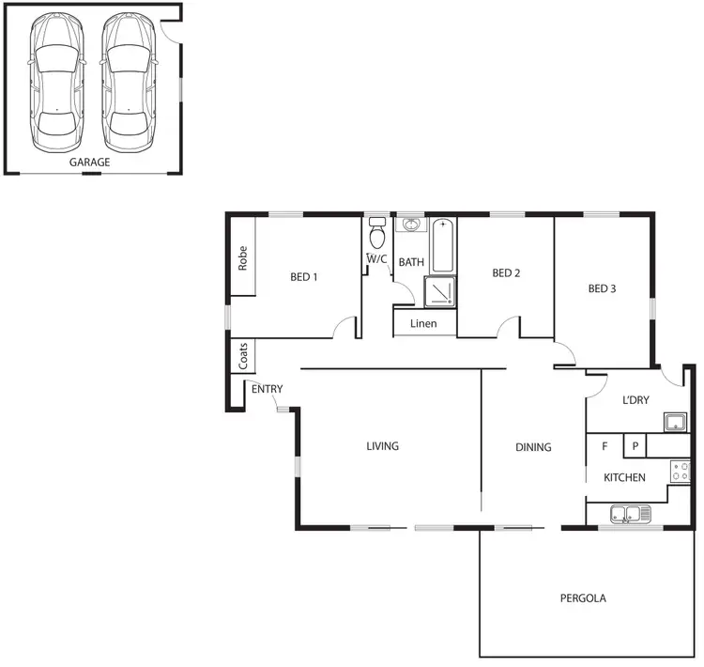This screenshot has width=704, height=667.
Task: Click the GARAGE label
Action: coord(90,163)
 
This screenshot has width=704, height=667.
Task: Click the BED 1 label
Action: coord(303,277)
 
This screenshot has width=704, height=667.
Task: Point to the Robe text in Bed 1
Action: coord(242,258)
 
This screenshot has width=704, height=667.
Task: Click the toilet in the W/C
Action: coord(377,234)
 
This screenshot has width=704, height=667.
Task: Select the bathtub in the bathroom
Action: coord(443,245)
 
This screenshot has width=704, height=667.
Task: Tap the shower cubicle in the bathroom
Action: coord(440,292)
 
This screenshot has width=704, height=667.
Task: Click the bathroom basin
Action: coord(411,225)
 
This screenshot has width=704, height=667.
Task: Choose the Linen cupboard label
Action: coord(423,324)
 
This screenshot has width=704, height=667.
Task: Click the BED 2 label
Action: coord(506,273)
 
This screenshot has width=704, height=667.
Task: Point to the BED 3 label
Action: coord(602,288)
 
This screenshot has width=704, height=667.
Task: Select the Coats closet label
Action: coord(243,355)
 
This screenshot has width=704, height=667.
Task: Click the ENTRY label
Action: coord(267,389)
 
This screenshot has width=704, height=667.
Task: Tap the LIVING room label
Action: coord(382,446)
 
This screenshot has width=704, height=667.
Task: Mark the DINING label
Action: coord(533,447)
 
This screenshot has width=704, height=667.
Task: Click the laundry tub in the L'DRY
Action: coord(676,421)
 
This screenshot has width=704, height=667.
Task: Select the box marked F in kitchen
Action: coord(605,446)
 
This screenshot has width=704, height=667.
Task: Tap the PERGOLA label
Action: coord(583,597)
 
